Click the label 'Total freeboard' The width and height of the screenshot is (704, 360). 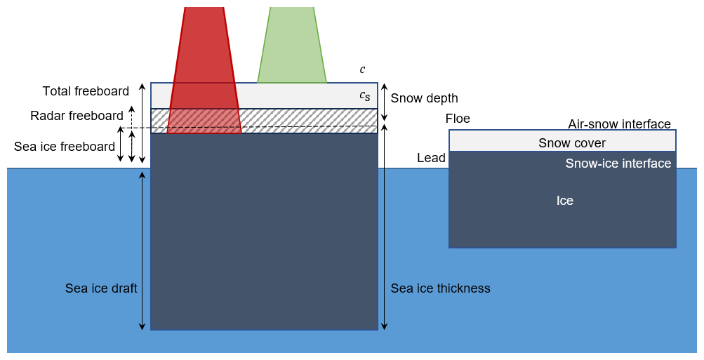point(86,91)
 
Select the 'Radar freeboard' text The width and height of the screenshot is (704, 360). point(77,116)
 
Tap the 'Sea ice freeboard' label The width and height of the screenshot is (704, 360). point(65,147)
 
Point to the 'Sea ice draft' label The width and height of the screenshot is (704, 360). point(101,288)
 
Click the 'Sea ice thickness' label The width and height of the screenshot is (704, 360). point(440,288)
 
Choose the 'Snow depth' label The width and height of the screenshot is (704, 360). point(424,98)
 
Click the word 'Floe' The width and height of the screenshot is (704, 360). point(458,119)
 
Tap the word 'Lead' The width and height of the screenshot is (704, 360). point(431,158)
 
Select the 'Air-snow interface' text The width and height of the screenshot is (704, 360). point(619,124)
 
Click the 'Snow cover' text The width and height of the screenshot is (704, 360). point(572,143)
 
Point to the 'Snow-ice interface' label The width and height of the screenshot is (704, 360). point(618,164)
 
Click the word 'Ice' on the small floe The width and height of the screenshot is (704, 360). point(565,201)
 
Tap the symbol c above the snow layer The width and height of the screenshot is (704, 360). point(362,69)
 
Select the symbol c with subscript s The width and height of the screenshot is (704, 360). point(364,95)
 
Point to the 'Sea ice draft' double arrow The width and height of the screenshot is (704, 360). point(142,250)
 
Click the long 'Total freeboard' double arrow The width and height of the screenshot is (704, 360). point(142,123)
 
